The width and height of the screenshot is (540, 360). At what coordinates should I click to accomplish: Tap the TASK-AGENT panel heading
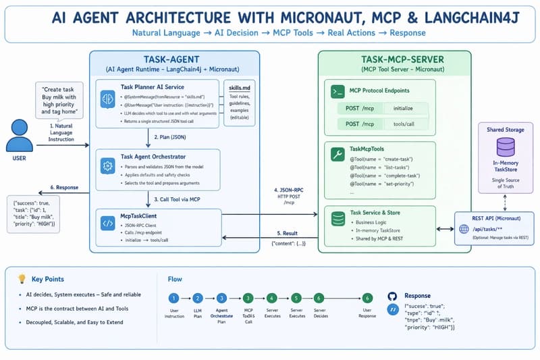175,58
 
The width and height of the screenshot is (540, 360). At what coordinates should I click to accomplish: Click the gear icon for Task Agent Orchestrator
107,165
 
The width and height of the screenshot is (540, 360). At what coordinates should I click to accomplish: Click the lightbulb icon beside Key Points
22,278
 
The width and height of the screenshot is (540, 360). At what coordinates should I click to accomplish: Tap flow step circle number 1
173,298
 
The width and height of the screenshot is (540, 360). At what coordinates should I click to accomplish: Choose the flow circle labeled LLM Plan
198,298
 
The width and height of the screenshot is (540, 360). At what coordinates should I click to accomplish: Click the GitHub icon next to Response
392,297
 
